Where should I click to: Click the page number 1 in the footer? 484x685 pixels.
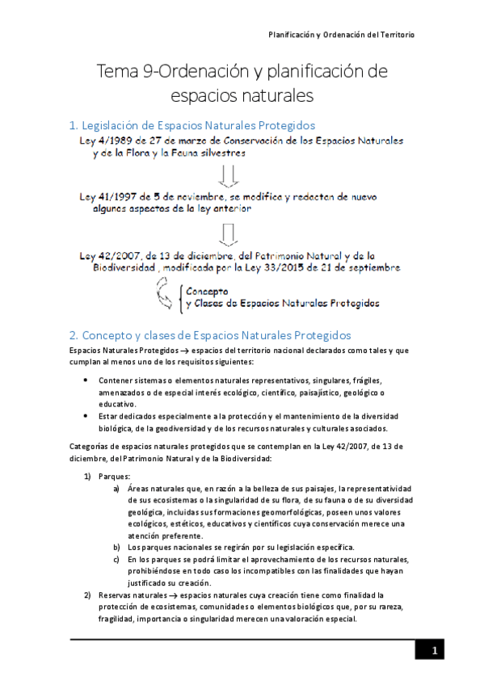(434, 651)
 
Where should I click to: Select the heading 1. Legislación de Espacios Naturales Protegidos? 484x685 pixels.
(191, 125)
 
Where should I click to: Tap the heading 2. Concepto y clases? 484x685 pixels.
(209, 334)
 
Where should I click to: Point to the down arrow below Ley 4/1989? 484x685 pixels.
(228, 174)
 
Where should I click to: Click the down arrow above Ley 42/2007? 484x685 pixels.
(228, 233)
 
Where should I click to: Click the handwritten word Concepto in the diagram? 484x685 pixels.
(207, 291)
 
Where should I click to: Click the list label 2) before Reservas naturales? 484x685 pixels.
(89, 596)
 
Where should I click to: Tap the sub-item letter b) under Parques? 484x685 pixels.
(117, 548)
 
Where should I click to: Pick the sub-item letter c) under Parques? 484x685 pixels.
(117, 561)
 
